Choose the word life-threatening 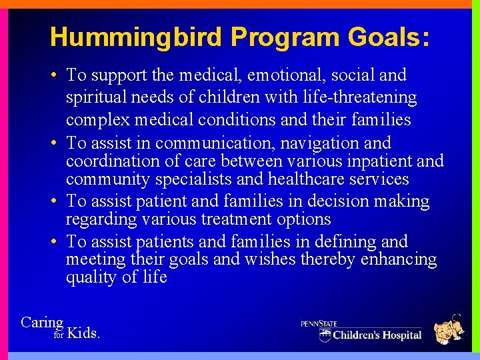point(359,98)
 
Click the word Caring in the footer point(42,323)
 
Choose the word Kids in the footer point(83,333)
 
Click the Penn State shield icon point(325,333)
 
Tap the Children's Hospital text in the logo point(377,335)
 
